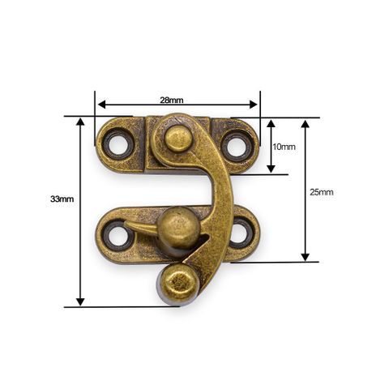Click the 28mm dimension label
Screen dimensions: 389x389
pyautogui.click(x=172, y=100)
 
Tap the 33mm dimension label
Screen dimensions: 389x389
pyautogui.click(x=62, y=199)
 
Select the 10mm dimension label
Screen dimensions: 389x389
pyautogui.click(x=284, y=147)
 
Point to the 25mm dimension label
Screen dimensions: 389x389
pyautogui.click(x=322, y=192)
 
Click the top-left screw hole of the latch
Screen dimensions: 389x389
pyautogui.click(x=118, y=144)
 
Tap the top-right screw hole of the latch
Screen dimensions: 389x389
pyautogui.click(x=234, y=147)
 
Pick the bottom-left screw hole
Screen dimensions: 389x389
pyautogui.click(x=118, y=236)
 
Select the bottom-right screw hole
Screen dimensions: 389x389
pyautogui.click(x=241, y=233)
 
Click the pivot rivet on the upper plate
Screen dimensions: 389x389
pyautogui.click(x=177, y=139)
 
